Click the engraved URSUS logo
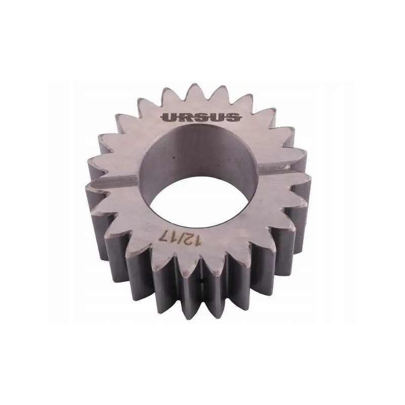tap(201, 117)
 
